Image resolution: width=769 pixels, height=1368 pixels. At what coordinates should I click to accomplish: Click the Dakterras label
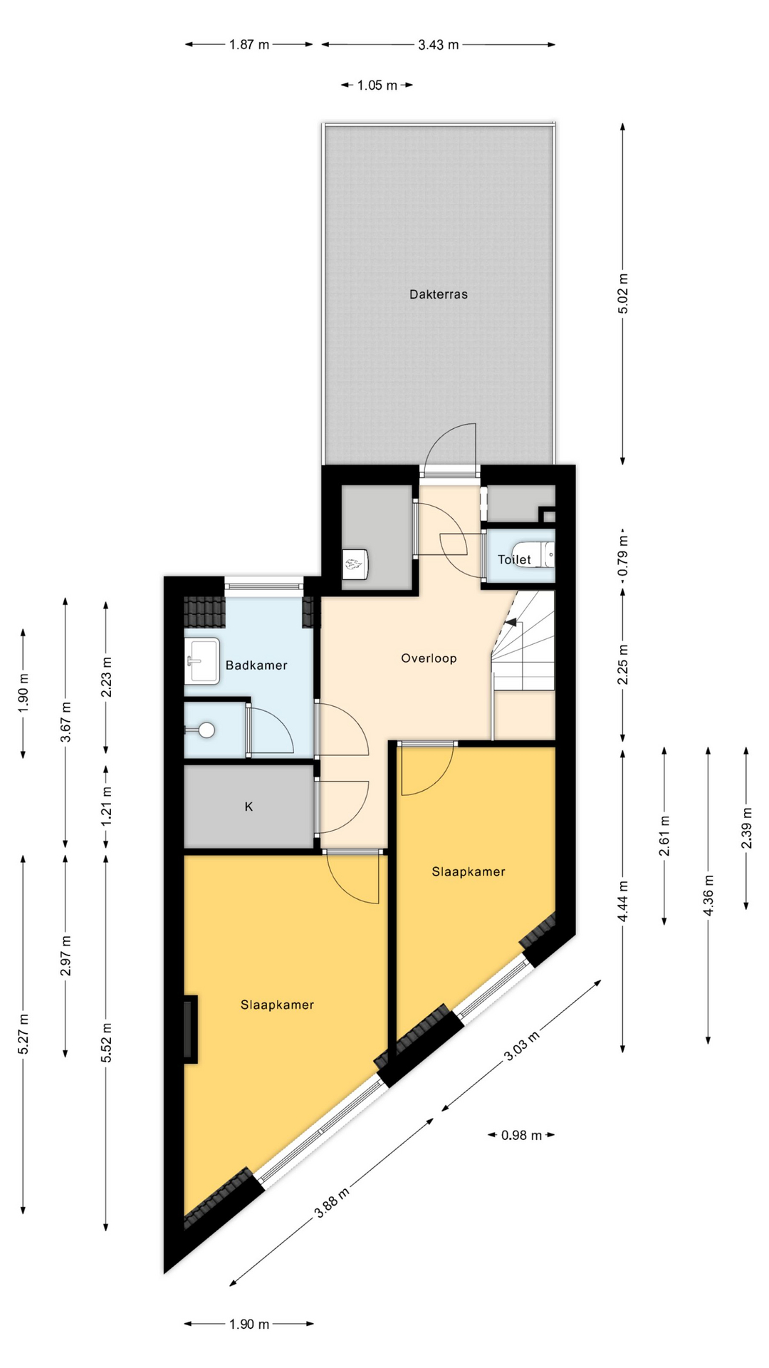(438, 294)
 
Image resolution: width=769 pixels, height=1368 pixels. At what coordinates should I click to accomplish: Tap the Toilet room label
(514, 560)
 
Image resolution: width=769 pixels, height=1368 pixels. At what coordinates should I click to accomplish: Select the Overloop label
(429, 658)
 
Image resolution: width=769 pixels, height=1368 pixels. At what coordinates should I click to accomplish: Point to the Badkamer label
(256, 665)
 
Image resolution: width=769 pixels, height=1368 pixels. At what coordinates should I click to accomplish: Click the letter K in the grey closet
(249, 807)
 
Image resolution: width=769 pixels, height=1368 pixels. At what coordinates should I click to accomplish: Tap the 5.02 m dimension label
(623, 294)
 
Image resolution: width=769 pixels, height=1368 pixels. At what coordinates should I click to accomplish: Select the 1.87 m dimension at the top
(249, 45)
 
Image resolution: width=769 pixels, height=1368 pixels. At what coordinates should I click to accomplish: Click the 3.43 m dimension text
(439, 45)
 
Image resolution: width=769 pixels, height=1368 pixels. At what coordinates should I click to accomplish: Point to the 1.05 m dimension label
(377, 85)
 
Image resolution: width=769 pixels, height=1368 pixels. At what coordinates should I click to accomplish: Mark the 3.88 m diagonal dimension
(332, 1203)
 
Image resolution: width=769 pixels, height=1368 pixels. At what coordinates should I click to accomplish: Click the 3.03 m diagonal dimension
(520, 1045)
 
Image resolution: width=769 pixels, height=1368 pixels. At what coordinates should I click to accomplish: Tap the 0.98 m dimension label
(521, 1135)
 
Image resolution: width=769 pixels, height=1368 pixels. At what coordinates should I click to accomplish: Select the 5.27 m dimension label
(23, 1034)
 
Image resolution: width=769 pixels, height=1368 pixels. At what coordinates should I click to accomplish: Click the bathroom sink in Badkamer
(202, 661)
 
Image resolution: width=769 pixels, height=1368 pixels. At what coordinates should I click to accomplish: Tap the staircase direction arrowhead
(510, 622)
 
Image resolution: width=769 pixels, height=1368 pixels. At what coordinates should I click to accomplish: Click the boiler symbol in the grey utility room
(355, 564)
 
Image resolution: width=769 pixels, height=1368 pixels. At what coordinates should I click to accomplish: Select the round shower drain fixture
(206, 730)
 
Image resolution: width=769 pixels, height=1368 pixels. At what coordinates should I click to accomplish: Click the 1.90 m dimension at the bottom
(249, 1324)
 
